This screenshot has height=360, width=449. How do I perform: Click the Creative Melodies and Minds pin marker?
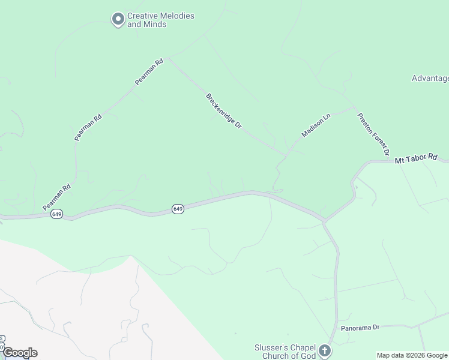point(118,20)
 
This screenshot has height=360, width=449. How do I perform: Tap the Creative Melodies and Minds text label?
point(160,20)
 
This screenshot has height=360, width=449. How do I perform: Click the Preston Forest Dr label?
point(373,134)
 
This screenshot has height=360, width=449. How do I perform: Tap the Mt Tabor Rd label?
point(416,158)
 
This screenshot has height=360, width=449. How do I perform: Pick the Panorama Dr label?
point(361,328)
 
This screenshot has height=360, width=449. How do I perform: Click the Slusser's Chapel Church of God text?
point(284,352)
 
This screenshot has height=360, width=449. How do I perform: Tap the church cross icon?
point(325,350)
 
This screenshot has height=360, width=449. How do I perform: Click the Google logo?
point(20,353)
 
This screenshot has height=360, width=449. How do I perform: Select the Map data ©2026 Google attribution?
point(412,355)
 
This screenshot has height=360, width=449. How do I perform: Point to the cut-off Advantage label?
point(430,78)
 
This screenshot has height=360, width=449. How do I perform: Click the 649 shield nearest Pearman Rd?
point(57,214)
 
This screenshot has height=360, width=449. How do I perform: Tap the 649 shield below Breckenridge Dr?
point(177,209)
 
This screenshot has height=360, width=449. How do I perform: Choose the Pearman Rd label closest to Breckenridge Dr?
point(149,72)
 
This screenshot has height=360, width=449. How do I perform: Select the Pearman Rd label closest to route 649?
point(57,197)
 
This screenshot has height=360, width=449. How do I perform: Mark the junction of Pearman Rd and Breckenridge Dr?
point(169,58)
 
